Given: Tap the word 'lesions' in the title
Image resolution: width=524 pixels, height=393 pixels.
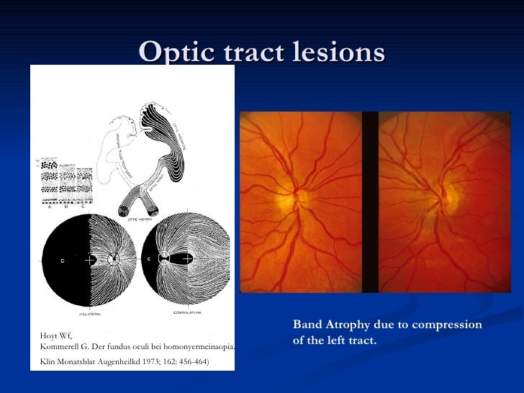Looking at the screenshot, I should point(340,52).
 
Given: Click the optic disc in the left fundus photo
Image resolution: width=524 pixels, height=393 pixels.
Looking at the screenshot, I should point(301,196).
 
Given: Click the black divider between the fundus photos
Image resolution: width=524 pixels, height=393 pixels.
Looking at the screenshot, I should point(370,202).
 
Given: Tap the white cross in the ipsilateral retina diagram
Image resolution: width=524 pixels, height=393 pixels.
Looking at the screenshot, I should point(89,258).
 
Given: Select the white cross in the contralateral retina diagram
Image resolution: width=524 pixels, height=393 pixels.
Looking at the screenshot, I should point(187,258).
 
